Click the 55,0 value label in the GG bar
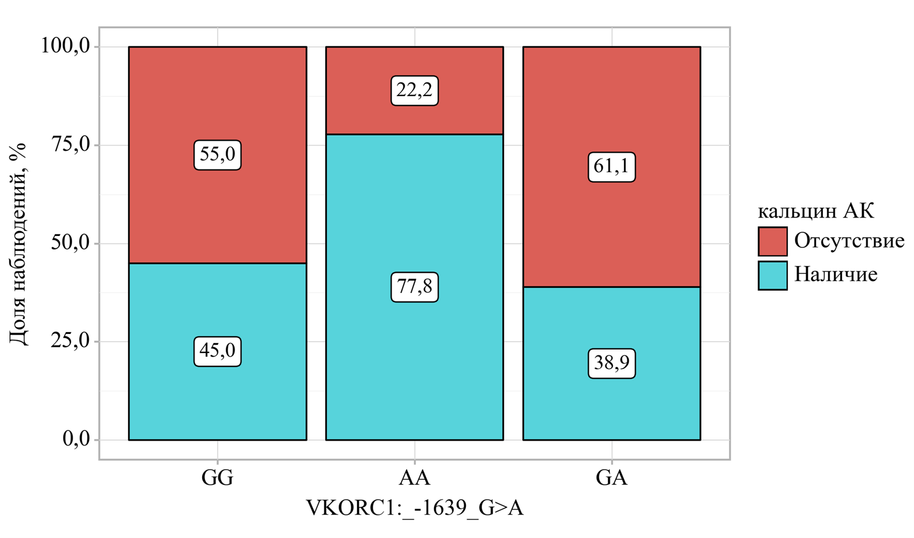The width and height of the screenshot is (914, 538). pos(217,155)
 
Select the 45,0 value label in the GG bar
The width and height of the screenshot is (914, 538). pos(217,351)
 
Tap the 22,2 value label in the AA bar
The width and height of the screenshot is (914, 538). pos(414,91)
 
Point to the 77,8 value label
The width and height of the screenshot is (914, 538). pos(414,287)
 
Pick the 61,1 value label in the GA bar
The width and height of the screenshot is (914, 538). pos(611,167)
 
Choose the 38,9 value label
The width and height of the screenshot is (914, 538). pos(611,364)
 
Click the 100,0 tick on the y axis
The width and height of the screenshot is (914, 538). pos(66,46)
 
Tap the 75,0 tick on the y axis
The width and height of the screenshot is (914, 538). pos(70,145)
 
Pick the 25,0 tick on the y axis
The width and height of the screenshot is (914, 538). pos(70,341)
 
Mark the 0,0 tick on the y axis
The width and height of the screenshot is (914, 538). pos(76,440)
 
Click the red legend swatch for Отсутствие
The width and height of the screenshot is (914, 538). pos(773,241)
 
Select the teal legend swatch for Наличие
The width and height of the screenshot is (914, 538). pos(773,275)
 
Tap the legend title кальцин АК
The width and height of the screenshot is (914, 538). pos(816,211)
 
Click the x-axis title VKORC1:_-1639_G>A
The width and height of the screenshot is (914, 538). pos(414,508)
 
